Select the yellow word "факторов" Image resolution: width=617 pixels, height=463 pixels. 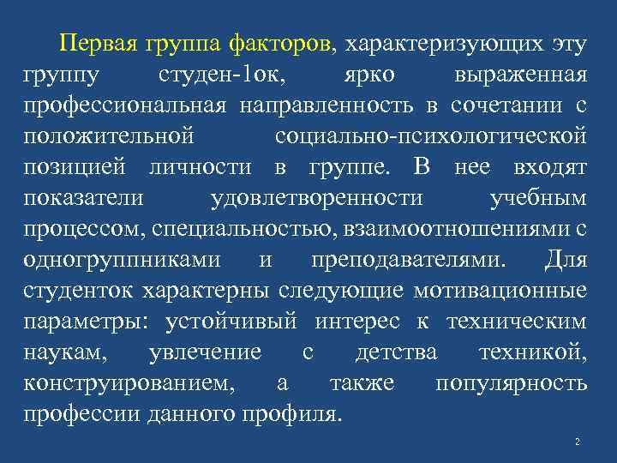click(288, 44)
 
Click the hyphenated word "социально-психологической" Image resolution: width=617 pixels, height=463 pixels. click(431, 136)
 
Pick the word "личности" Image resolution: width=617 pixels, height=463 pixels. click(213, 167)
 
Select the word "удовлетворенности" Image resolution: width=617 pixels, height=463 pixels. click(316, 198)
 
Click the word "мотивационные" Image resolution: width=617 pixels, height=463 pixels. click(500, 291)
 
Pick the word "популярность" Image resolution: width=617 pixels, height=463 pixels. click(511, 383)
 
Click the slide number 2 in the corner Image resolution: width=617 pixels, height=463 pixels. click(578, 442)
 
